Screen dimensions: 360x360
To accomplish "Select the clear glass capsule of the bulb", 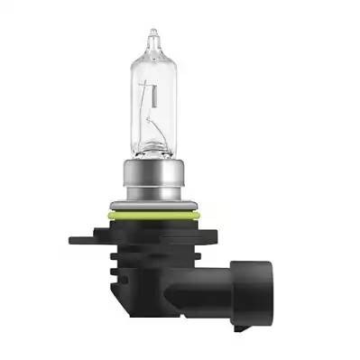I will (x=155, y=99).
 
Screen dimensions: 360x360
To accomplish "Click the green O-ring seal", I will (x=155, y=217).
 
